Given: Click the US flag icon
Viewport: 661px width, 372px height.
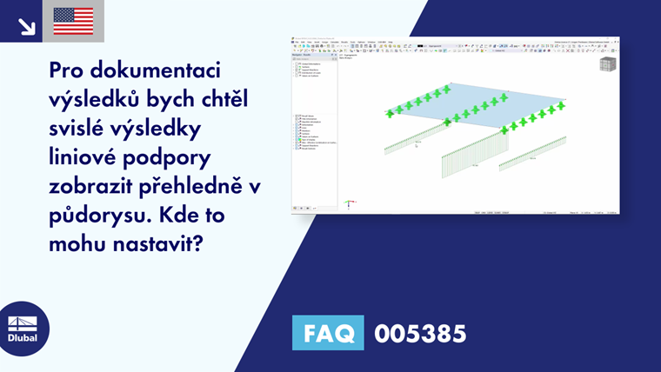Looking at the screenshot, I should point(73,21).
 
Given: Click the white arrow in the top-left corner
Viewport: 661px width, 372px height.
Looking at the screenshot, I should point(26,24).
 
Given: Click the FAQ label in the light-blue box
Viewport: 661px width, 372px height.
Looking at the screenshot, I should point(329,333).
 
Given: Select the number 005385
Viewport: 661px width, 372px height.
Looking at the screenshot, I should point(419,333).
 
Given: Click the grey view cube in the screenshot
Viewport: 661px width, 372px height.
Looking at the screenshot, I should point(607,65).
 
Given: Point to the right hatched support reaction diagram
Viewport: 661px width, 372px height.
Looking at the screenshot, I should point(532,151).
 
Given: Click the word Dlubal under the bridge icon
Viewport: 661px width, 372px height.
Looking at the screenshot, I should point(23,338).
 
